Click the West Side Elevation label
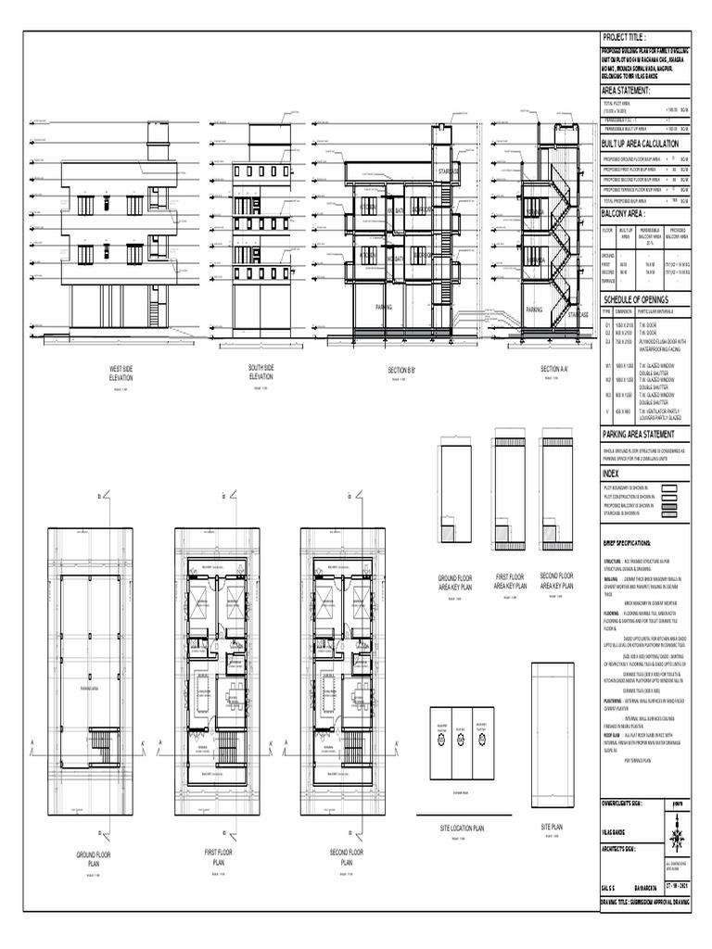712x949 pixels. pos(121,373)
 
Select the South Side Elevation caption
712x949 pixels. pos(261,373)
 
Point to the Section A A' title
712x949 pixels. pos(553,370)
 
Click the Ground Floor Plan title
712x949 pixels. pos(94,857)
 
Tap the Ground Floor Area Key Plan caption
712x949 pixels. pos(454,582)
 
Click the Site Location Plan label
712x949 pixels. pos(463,829)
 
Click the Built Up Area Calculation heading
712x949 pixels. pos(640,145)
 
